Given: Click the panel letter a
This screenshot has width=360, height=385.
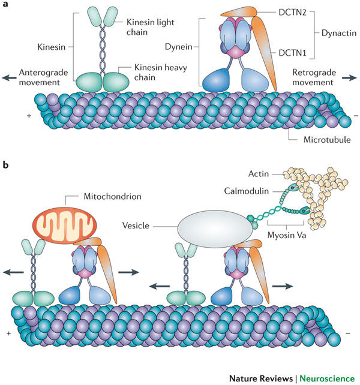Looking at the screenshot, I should [5, 6].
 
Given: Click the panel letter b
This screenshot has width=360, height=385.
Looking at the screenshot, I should [5, 163].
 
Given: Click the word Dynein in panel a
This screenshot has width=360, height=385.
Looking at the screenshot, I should [179, 45].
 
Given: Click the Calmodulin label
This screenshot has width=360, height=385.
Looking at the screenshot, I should [245, 191].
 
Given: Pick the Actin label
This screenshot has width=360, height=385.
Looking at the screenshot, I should [259, 175].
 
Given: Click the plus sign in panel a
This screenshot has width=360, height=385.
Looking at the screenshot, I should [28, 112].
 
